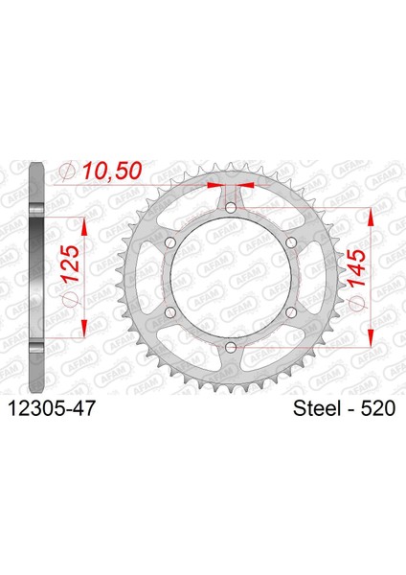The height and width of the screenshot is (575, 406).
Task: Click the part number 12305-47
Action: (x=51, y=408)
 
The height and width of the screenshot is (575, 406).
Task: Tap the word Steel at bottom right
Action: (x=317, y=408)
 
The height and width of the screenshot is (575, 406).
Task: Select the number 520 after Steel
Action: (x=378, y=408)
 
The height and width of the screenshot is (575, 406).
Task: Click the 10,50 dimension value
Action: (x=111, y=171)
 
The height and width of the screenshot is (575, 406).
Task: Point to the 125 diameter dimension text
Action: (x=70, y=264)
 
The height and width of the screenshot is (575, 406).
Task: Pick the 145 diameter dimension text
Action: (x=356, y=268)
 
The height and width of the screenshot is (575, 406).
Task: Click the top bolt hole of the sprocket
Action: (x=231, y=208)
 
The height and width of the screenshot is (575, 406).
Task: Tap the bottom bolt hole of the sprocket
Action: (x=231, y=347)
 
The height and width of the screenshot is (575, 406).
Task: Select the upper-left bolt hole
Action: (x=170, y=242)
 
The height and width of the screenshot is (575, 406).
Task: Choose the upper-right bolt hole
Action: (x=291, y=242)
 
